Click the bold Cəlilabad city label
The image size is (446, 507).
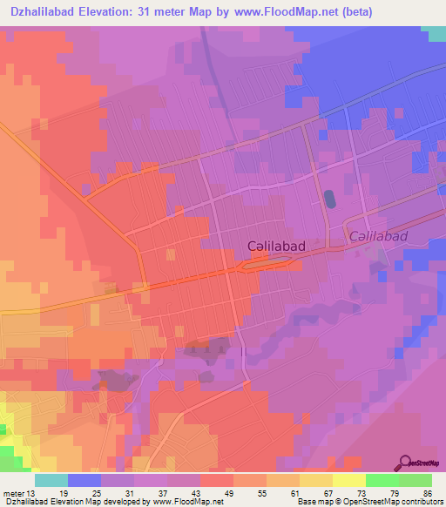click(x=275, y=247)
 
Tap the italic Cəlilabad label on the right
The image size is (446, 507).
click(x=379, y=237)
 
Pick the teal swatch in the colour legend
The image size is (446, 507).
click(x=51, y=480)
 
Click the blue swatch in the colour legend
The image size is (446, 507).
click(x=84, y=480)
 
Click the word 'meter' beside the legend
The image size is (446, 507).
click(x=14, y=494)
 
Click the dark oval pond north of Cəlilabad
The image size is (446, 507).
click(x=329, y=199)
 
